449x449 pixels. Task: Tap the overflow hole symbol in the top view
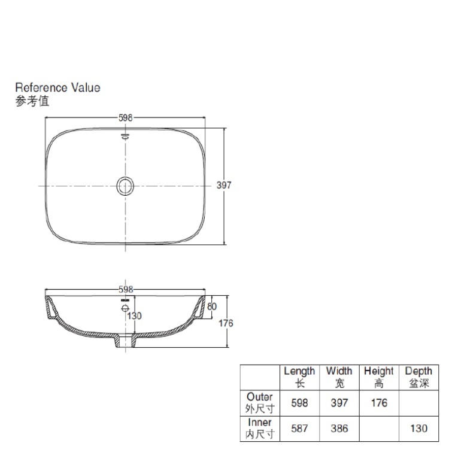click(x=126, y=136)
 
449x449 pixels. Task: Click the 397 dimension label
click(x=224, y=185)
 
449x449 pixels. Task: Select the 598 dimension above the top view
click(x=126, y=118)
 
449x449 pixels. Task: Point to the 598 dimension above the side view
click(x=126, y=290)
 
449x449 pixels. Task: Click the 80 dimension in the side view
click(x=211, y=307)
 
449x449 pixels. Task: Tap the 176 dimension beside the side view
click(x=226, y=323)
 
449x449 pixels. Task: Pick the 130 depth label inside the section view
click(x=134, y=316)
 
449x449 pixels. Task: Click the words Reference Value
click(x=57, y=87)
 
